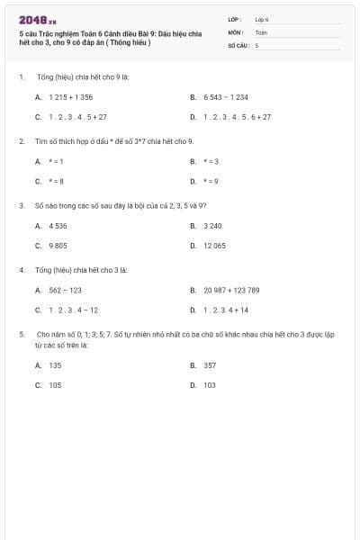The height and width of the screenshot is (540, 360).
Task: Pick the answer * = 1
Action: tap(57, 161)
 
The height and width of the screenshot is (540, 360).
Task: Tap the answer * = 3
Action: tap(211, 161)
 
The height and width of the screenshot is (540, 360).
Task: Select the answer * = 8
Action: tap(57, 181)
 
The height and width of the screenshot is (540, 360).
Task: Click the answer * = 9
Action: tap(211, 181)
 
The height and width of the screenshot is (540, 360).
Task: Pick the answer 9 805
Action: tap(58, 245)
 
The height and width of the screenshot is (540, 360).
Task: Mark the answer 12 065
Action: tap(214, 245)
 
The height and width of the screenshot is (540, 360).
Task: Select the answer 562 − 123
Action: tap(66, 290)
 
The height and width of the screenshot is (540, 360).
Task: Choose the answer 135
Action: tap(56, 365)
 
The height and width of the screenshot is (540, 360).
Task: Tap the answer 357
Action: tap(210, 365)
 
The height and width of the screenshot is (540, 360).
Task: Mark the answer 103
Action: tap(210, 384)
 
